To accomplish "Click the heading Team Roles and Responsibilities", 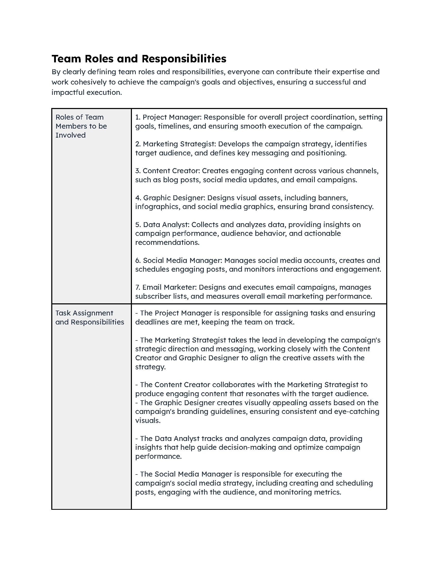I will (x=139, y=59).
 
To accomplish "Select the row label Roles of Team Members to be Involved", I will (x=81, y=126).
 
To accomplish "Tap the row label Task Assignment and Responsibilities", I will (x=89, y=318).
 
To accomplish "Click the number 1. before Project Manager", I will (x=138, y=117).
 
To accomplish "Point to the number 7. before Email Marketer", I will (x=138, y=287).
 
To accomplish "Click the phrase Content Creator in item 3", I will (x=171, y=171).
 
